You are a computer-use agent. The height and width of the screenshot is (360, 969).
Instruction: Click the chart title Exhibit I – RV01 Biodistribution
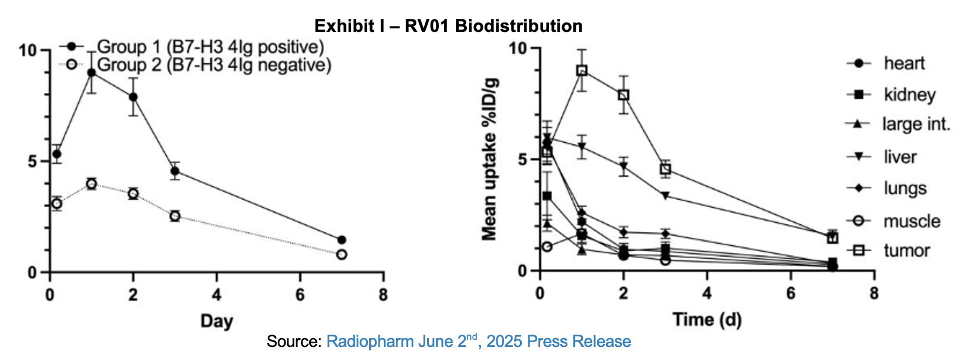click(x=448, y=26)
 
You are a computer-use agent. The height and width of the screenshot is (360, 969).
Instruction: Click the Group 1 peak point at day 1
click(x=92, y=73)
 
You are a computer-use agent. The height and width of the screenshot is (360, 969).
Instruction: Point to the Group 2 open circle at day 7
click(x=342, y=255)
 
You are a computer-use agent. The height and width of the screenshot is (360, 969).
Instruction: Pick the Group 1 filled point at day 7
click(x=342, y=240)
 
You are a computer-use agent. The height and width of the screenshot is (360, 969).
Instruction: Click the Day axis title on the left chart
click(x=216, y=322)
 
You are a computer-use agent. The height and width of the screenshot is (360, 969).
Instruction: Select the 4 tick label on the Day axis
click(x=217, y=294)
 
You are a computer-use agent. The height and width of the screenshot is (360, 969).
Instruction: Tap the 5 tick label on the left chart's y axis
click(x=33, y=162)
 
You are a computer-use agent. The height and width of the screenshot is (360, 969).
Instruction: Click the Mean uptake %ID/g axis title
click(x=489, y=159)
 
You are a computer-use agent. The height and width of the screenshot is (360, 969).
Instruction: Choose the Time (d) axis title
click(x=707, y=320)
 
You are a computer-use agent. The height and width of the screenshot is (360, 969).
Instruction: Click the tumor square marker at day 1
click(x=582, y=70)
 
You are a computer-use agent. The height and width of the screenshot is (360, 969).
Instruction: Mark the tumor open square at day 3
click(x=666, y=169)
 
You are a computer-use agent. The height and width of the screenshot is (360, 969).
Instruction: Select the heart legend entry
click(x=904, y=63)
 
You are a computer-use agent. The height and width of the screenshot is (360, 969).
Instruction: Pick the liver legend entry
click(x=900, y=157)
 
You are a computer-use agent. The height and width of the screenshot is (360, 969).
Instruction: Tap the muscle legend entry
click(x=912, y=221)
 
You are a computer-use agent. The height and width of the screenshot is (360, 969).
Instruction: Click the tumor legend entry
click(x=906, y=250)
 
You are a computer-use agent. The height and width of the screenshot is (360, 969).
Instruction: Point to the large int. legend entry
click(x=916, y=124)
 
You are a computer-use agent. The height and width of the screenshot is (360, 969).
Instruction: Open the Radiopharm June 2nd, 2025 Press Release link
click(x=479, y=342)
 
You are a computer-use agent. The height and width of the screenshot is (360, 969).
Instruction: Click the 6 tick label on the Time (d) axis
click(x=790, y=294)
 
